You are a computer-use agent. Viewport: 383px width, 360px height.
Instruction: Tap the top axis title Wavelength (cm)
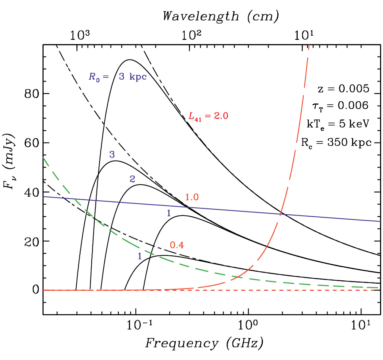point(221,16)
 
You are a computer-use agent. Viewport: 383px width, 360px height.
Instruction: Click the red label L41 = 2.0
point(208,116)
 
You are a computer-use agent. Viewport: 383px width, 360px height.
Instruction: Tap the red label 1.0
point(192,197)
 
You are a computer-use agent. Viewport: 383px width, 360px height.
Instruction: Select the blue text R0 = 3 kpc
point(117,77)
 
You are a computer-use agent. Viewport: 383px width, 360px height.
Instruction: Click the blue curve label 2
point(132,179)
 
